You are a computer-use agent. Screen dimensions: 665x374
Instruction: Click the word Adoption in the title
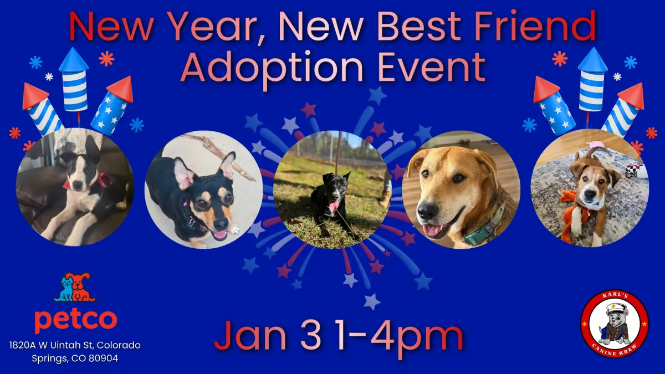[x=272, y=68]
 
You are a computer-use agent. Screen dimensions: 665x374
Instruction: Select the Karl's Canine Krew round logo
[x=615, y=324]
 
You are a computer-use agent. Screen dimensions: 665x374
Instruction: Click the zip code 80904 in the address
[x=104, y=358]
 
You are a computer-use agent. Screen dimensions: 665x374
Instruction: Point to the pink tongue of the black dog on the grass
[x=334, y=205]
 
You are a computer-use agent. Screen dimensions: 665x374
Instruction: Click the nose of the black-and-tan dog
[x=221, y=224]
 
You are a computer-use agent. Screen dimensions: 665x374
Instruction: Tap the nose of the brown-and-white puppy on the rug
[x=590, y=194]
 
